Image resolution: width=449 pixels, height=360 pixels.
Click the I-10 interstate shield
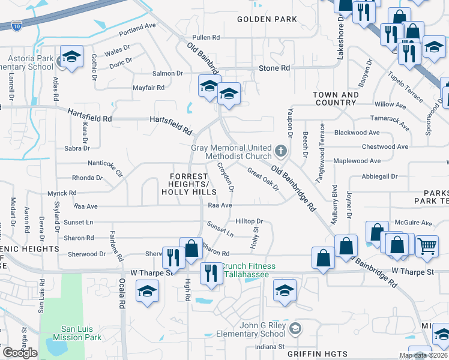[x=16, y=25]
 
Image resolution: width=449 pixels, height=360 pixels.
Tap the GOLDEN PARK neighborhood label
[x=267, y=19]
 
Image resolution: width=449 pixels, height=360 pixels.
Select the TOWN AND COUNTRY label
[x=336, y=99]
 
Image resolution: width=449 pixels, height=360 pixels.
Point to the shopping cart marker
[x=427, y=245]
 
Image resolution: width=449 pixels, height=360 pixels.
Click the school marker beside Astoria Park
[x=72, y=58]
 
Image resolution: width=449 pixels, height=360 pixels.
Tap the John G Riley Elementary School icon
[x=295, y=329]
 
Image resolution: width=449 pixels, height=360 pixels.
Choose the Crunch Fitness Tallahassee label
[x=249, y=271]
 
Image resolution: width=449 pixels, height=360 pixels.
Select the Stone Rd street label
[x=274, y=68]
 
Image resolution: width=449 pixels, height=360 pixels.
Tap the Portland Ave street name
[x=137, y=27]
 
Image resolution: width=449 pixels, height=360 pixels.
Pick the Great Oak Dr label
[x=264, y=179]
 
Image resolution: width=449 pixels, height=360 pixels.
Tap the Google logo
[x=20, y=353]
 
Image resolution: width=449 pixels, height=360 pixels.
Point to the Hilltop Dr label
[x=249, y=221]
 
